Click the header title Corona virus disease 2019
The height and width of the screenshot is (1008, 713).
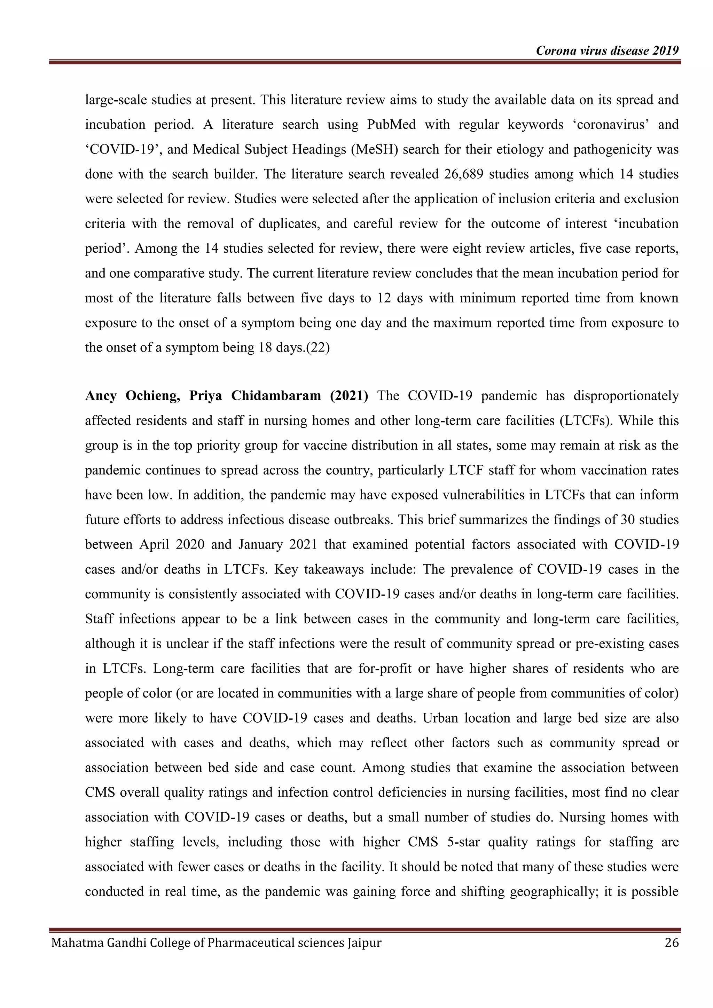607,51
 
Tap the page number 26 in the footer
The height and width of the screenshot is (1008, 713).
672,943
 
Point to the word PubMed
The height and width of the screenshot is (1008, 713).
392,125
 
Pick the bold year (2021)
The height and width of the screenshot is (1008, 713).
349,396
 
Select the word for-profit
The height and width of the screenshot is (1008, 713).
385,669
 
